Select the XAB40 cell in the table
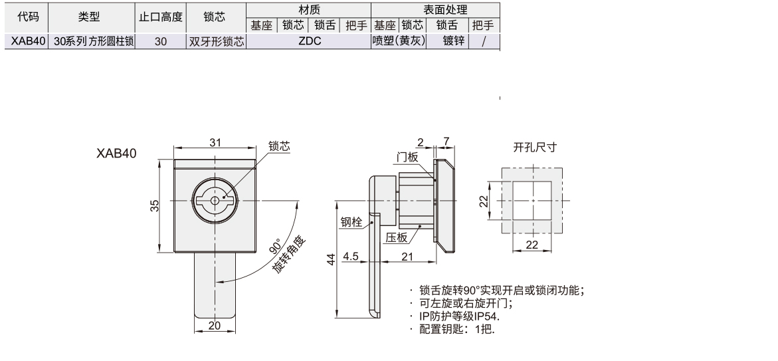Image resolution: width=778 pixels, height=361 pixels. coord(27,41)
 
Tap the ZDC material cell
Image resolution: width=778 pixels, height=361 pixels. coord(309,41)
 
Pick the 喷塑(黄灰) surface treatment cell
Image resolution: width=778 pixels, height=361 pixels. coord(398,41)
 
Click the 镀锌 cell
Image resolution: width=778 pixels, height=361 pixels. coord(447,41)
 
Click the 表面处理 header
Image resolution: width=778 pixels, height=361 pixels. coord(436,9)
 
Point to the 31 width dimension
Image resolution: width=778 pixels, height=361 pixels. coord(215,143)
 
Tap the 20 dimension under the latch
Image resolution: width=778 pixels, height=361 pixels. coord(215,325)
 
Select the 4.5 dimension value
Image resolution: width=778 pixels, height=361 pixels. coord(351,256)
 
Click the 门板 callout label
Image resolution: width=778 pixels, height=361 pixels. coord(405,157)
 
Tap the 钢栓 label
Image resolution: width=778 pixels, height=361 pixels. coord(351,223)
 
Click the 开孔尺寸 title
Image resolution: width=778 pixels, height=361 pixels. coord(534,148)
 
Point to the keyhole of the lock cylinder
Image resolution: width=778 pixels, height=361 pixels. coord(215,200)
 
